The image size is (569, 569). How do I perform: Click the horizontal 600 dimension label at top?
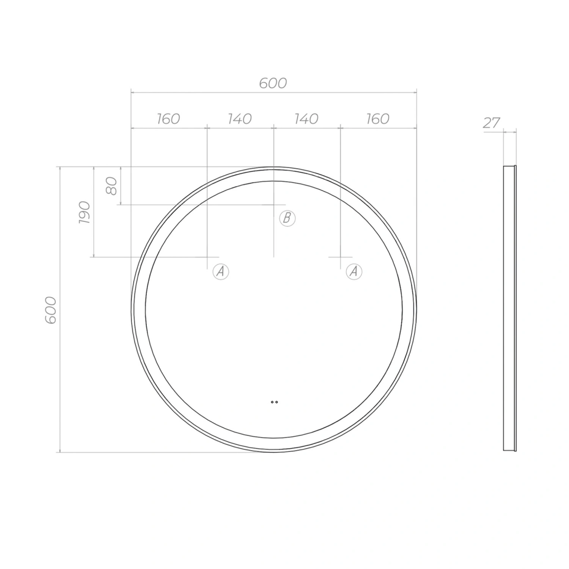click(273, 83)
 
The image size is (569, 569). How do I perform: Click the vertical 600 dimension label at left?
click(51, 310)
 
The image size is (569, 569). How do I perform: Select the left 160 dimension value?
click(168, 119)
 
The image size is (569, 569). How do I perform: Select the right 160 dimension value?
click(378, 119)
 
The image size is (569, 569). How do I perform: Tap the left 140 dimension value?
click(240, 119)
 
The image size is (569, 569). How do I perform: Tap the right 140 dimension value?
click(306, 119)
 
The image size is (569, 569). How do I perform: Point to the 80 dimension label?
click(112, 186)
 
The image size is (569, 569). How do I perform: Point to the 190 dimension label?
click(85, 212)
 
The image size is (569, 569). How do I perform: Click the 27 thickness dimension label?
click(492, 123)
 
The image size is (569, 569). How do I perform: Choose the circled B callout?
click(287, 218)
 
